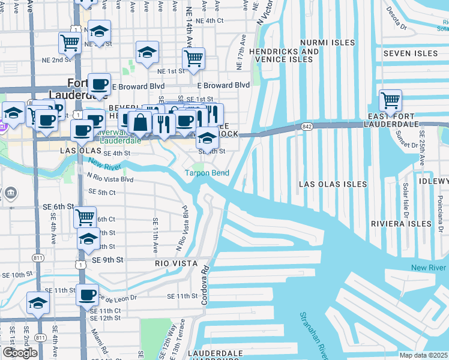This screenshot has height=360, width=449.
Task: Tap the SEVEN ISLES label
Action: [411, 53]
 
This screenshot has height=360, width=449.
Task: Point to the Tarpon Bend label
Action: [206, 173]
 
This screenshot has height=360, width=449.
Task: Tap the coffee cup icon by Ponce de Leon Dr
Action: [87, 295]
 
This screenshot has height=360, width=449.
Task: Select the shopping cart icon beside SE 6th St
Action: [86, 216]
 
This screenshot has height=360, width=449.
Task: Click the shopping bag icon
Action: [140, 122]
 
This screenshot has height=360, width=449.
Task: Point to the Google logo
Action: [20, 353]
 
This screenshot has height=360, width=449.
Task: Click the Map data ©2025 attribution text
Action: [424, 355]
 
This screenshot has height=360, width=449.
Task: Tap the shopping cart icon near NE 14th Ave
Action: [193, 58]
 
